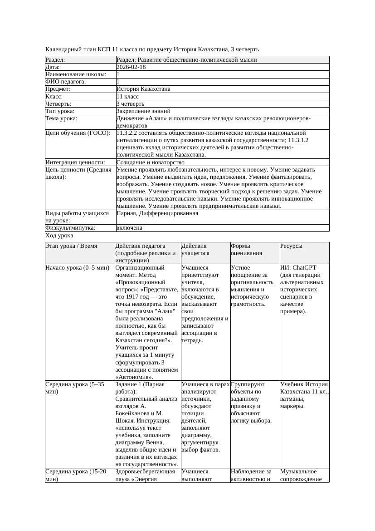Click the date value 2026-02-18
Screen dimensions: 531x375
click(x=131, y=67)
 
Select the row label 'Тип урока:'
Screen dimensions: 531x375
click(x=60, y=111)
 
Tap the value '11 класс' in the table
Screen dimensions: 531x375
click(x=127, y=97)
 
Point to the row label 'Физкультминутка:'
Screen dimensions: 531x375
click(x=66, y=228)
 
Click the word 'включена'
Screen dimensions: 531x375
click(x=129, y=228)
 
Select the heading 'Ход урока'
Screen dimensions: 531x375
click(x=59, y=236)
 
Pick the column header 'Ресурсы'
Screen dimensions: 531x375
click(x=291, y=246)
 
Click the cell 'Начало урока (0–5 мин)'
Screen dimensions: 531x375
click(x=77, y=267)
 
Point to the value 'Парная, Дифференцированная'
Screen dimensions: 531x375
click(x=157, y=213)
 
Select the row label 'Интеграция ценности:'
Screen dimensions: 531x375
click(x=75, y=162)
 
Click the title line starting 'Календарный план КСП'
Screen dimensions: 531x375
click(x=152, y=49)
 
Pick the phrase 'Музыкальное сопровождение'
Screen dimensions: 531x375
click(x=301, y=475)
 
